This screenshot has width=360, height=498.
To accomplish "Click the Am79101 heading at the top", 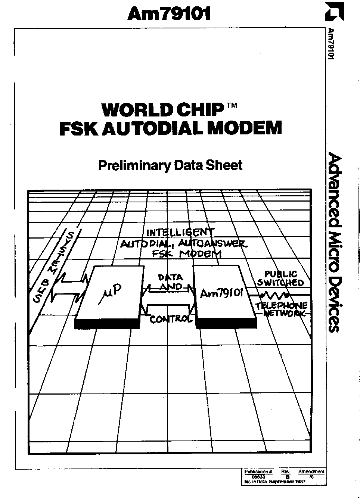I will pyautogui.click(x=169, y=14).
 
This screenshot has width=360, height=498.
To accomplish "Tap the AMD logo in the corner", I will pyautogui.click(x=333, y=12).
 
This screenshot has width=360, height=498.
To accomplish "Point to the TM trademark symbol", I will pyautogui.click(x=232, y=106).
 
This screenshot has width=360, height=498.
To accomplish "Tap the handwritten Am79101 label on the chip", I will pyautogui.click(x=222, y=293).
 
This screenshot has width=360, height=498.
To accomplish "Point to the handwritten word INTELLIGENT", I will pyautogui.click(x=180, y=233).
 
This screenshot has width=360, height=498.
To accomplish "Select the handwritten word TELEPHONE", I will pyautogui.click(x=281, y=306).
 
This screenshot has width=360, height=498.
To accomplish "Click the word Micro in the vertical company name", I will pyautogui.click(x=334, y=247).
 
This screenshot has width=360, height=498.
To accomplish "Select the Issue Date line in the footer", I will pyautogui.click(x=274, y=482).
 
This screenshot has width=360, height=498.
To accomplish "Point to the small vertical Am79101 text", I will pyautogui.click(x=330, y=43).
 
